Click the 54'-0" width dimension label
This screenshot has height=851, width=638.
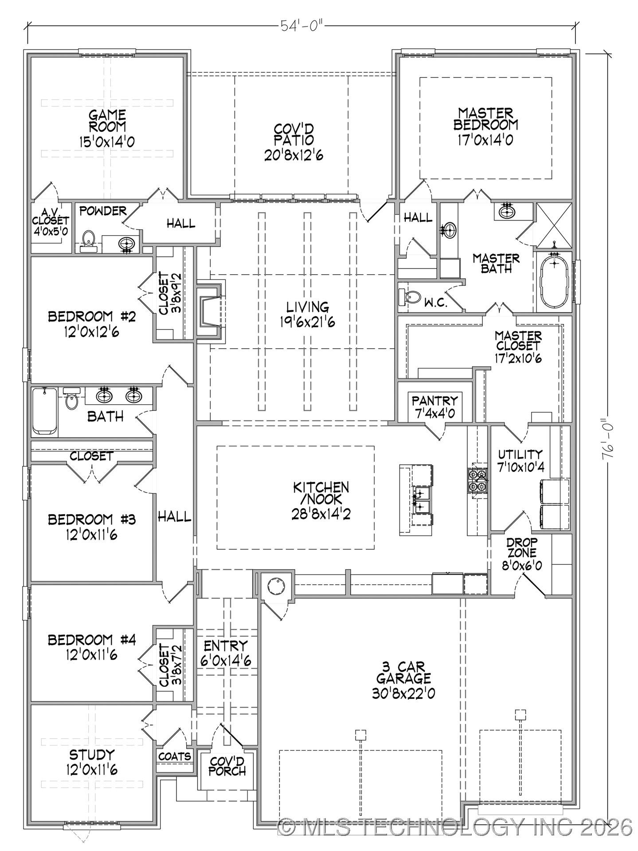pyautogui.click(x=303, y=26)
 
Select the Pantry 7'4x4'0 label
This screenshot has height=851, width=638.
pyautogui.click(x=434, y=407)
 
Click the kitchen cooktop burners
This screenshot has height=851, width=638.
pyautogui.click(x=478, y=481)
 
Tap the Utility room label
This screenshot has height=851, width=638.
pyautogui.click(x=520, y=460)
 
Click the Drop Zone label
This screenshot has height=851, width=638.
pyautogui.click(x=522, y=554)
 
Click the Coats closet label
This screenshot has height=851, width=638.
pyautogui.click(x=175, y=756)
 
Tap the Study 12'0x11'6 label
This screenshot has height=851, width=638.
pyautogui.click(x=92, y=762)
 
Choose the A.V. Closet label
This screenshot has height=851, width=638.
pyautogui.click(x=51, y=221)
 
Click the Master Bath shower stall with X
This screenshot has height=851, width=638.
pyautogui.click(x=554, y=225)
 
